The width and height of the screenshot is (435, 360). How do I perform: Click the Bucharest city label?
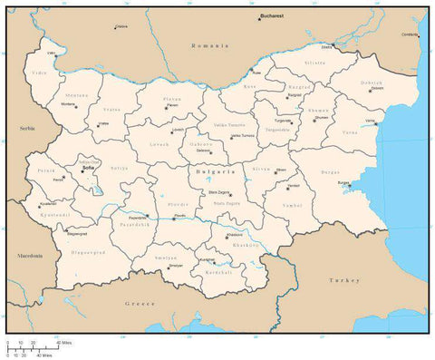coord(272,16)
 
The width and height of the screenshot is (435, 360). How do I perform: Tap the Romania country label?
coord(212,44)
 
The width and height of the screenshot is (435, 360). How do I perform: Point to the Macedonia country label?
coord(30,257)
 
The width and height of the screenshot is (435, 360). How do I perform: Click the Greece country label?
coord(141,303)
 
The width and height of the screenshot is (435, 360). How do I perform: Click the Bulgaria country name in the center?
coord(216,170)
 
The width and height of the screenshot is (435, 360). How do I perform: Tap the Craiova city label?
coord(121,26)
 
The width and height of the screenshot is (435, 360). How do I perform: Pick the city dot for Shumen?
coord(314,120)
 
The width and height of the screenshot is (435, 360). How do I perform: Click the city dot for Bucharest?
coord(256,19)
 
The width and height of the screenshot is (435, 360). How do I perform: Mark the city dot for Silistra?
coord(332,45)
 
